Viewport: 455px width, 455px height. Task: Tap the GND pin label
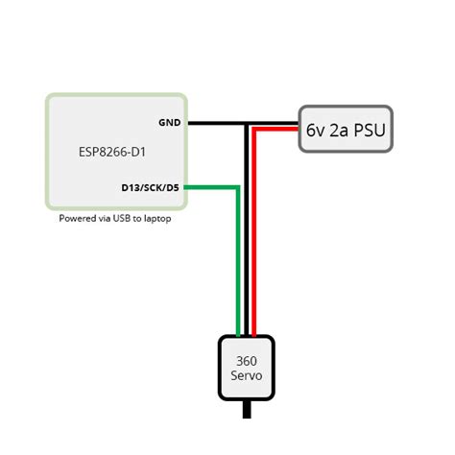(170, 123)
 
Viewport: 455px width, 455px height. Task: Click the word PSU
(369, 130)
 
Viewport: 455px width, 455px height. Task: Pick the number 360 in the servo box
(247, 360)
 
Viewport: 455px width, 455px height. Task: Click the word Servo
(247, 375)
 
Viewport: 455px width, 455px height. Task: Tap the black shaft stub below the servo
(248, 410)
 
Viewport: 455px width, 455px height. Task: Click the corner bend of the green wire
(237, 187)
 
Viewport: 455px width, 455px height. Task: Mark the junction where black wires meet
(247, 124)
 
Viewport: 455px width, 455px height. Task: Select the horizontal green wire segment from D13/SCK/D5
(211, 187)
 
